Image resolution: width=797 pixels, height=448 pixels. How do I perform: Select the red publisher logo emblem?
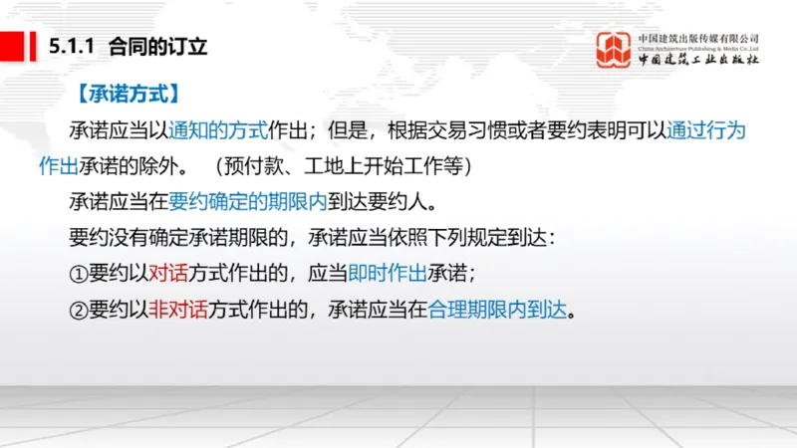point(614,49)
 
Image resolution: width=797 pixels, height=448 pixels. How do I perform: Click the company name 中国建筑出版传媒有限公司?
point(698,38)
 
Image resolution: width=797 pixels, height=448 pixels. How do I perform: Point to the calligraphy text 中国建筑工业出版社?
point(698,60)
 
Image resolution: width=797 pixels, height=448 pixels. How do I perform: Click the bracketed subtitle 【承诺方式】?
point(128,95)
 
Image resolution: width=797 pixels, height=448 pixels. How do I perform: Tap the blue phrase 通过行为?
point(706,129)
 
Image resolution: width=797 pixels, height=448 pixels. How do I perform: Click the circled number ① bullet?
point(79,272)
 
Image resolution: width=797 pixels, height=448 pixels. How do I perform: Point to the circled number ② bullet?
point(79,308)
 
